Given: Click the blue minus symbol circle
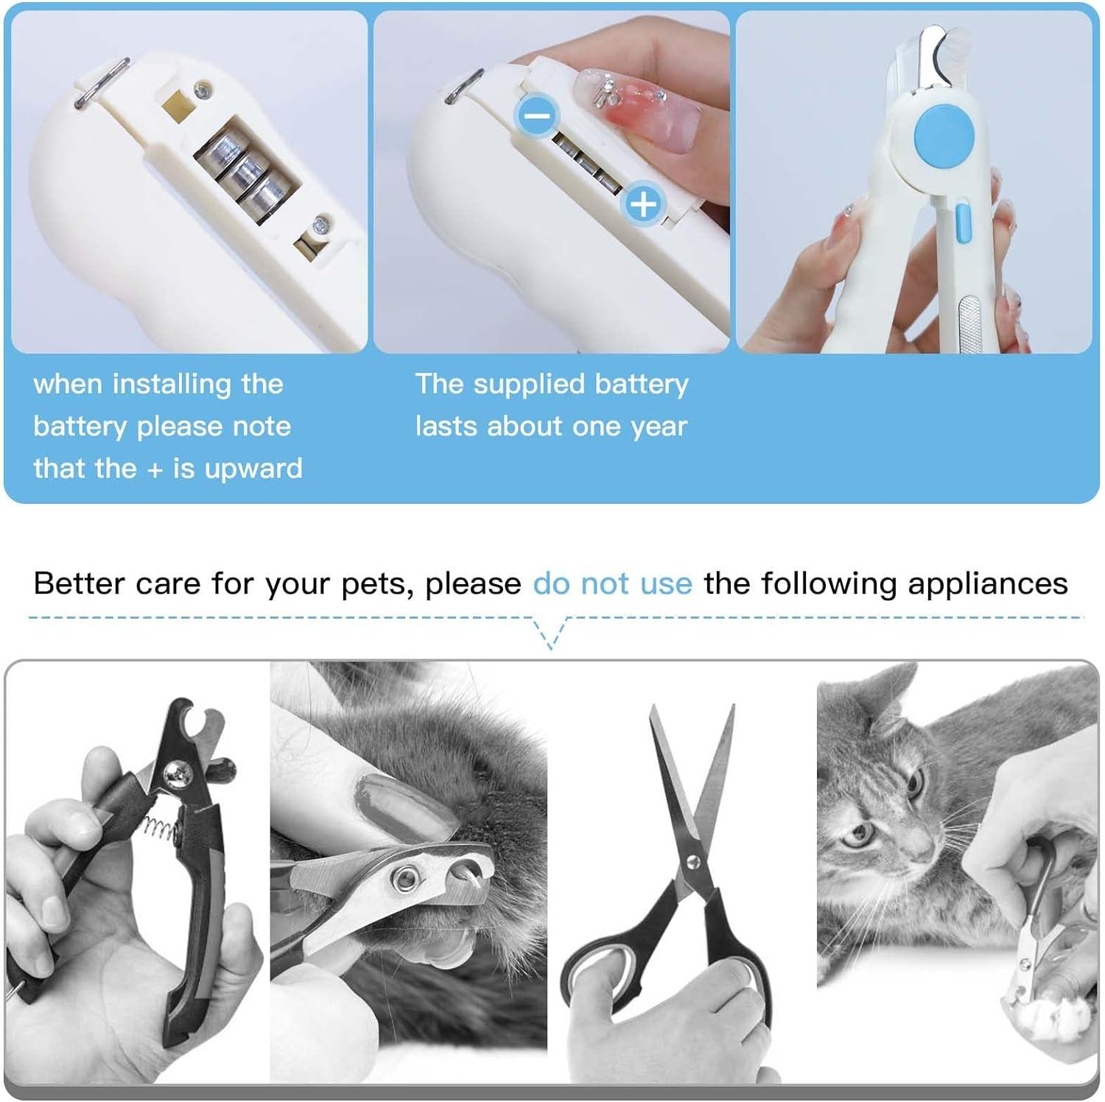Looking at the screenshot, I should (x=538, y=115).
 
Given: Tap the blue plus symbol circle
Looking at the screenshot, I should (x=643, y=203).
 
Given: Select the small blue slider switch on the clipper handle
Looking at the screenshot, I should (x=962, y=225).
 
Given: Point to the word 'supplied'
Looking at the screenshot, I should (x=525, y=385).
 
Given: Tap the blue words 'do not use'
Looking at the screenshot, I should (x=612, y=583).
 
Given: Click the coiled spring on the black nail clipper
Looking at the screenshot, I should (x=161, y=826).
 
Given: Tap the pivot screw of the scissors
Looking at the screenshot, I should (x=692, y=861).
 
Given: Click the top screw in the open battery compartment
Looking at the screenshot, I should (x=201, y=91).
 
